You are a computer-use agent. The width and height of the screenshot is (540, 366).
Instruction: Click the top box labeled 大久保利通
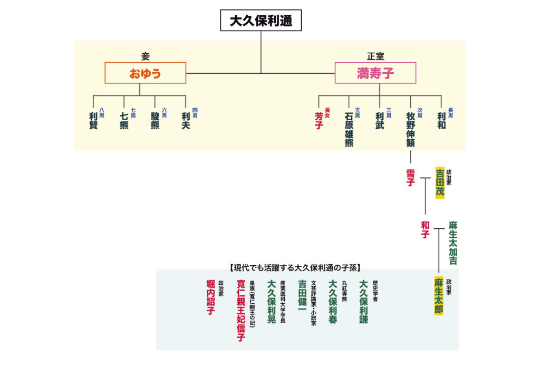(x=261, y=21)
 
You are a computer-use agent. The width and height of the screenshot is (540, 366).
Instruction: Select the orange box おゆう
(x=145, y=73)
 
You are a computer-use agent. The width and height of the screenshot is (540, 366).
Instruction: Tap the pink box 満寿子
(x=375, y=73)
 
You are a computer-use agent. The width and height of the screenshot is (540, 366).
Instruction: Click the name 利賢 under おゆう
(x=93, y=121)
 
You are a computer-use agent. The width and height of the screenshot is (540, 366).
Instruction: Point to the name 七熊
(x=124, y=121)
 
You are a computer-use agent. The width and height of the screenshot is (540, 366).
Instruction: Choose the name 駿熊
(x=155, y=121)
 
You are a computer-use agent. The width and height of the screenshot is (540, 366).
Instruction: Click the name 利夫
(x=186, y=121)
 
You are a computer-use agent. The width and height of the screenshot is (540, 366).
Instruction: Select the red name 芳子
(x=319, y=121)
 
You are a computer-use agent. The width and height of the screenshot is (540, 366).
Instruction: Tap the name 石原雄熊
(x=349, y=129)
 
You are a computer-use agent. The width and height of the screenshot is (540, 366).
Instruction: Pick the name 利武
(x=380, y=121)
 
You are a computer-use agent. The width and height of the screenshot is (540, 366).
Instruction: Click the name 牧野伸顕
(x=410, y=129)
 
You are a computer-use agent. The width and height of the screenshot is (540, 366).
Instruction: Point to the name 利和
(x=441, y=121)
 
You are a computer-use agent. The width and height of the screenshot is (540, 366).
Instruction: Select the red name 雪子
(x=410, y=178)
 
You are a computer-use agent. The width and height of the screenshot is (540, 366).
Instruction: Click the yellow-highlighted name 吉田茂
(x=440, y=182)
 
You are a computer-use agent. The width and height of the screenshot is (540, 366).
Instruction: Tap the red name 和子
(x=425, y=230)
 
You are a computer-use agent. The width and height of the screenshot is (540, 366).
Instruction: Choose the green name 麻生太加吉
(x=453, y=243)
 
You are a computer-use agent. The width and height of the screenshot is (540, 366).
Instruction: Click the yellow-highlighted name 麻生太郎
(x=438, y=296)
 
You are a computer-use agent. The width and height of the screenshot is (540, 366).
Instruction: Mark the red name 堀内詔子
(x=210, y=298)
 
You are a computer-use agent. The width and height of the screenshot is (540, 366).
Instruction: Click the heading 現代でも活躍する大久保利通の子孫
(x=298, y=267)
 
